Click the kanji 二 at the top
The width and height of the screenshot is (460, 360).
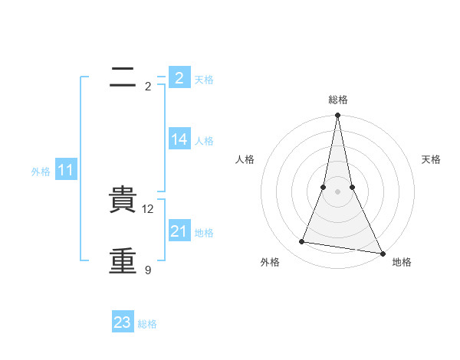tap(123, 76)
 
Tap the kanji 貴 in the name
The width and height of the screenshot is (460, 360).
tap(123, 201)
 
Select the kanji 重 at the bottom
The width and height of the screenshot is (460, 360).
tap(123, 260)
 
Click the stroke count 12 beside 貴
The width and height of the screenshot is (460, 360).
tap(149, 209)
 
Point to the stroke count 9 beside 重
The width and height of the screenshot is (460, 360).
tap(148, 270)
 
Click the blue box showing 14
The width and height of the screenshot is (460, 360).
tap(179, 139)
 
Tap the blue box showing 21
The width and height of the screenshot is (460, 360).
tap(179, 231)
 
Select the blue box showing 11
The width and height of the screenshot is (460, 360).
tap(66, 171)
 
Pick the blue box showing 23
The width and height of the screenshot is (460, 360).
tap(123, 322)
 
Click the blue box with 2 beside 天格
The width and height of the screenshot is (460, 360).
tap(179, 78)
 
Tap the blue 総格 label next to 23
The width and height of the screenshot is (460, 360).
tap(147, 324)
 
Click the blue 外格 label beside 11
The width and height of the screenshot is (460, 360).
tap(41, 172)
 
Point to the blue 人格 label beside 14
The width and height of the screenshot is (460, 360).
tap(204, 141)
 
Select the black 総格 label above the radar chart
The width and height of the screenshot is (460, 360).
tap(337, 100)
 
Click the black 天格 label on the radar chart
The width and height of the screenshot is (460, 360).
tap(431, 159)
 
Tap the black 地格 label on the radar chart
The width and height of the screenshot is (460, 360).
tap(402, 263)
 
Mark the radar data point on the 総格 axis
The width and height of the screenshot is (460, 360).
tap(337, 116)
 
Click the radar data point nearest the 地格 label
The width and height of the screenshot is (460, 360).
tap(381, 253)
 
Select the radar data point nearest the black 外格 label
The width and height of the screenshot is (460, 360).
tap(302, 242)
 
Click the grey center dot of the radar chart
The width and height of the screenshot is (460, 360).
tap(337, 191)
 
